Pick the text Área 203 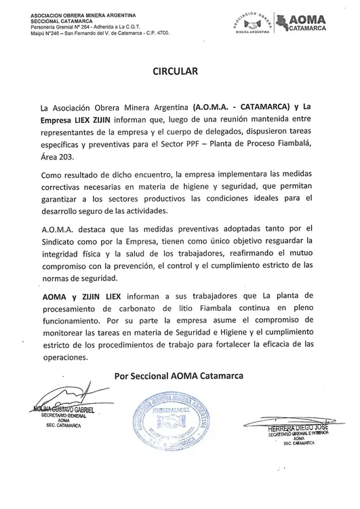click(59, 157)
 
